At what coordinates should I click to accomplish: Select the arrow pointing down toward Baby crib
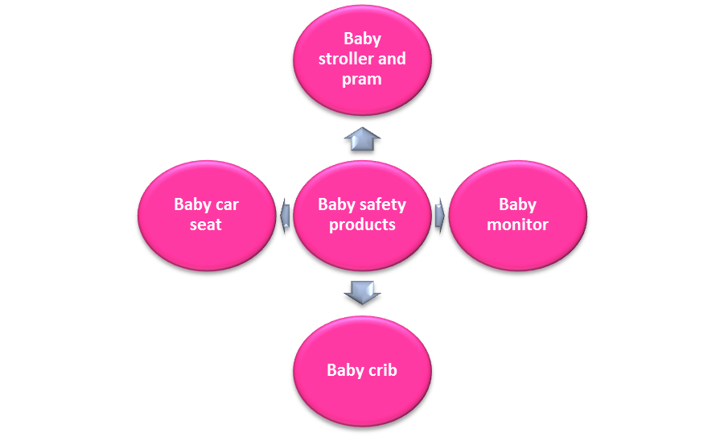pos(362,291)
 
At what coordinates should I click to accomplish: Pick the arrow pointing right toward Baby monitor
pos(439,216)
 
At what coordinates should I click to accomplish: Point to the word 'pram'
pos(362,79)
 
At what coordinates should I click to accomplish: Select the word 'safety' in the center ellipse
pos(382,204)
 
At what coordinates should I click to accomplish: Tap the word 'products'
pos(362,225)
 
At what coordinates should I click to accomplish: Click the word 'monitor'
pos(517,225)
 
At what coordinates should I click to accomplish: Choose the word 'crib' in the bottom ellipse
pos(382,370)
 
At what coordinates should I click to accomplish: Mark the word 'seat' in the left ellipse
pos(206,225)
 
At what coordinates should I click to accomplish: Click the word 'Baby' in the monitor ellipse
pos(517,204)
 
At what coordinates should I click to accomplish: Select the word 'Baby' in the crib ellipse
pos(344,370)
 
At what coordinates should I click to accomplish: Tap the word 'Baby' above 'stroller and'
pos(362,39)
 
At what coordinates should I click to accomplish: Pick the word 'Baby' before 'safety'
pos(335,204)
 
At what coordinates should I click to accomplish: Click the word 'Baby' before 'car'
pos(192,204)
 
